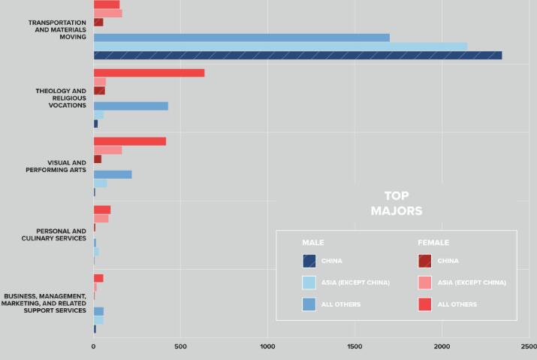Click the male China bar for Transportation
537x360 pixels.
297,55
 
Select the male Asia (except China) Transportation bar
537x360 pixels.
280,46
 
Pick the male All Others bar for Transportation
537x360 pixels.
241,38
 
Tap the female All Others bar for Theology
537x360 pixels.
149,73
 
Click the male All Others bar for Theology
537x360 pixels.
131,106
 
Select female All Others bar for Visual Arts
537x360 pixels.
129,141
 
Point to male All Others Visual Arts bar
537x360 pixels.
113,174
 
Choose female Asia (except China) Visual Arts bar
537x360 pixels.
107,150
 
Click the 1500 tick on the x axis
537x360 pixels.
355,347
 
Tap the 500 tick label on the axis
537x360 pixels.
180,347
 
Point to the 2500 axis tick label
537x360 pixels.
529,347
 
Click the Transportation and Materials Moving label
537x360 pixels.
57,29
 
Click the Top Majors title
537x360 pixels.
397,204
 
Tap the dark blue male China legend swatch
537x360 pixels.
309,261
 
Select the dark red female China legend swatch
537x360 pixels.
424,261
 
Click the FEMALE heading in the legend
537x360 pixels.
433,243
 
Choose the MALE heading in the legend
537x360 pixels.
312,243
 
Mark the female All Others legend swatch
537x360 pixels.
424,304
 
